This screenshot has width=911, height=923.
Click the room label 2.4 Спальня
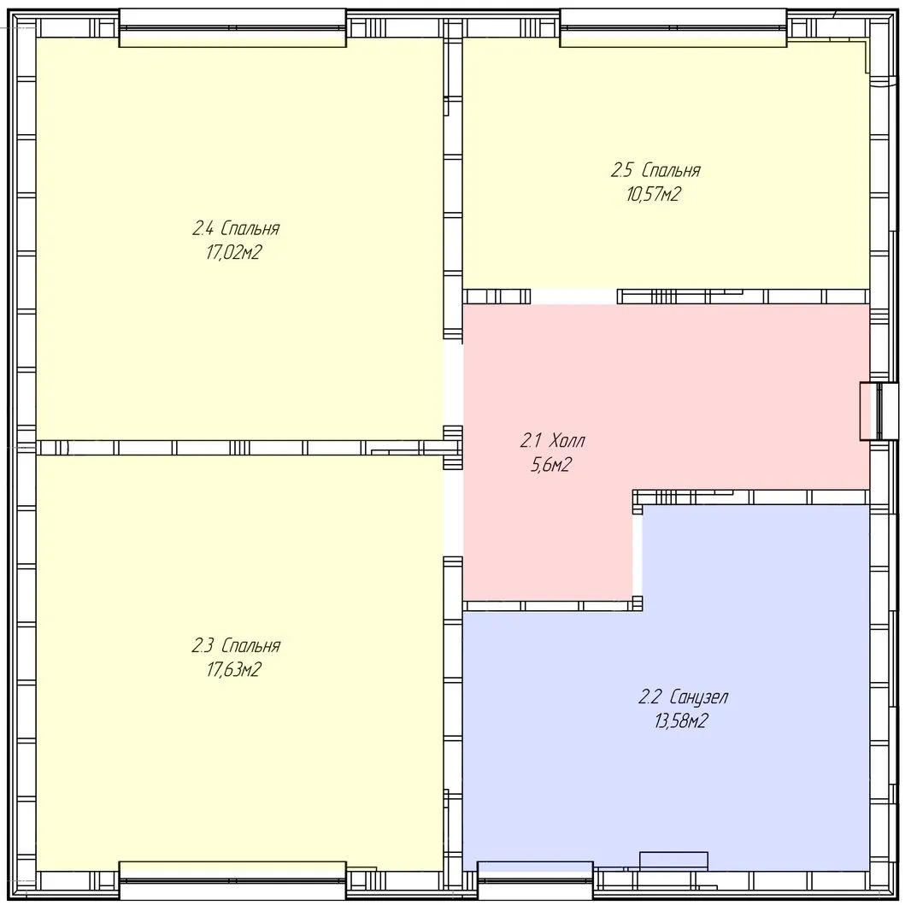pos(235,228)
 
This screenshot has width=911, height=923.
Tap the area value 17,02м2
pos(233,252)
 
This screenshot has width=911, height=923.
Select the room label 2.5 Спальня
pos(655,170)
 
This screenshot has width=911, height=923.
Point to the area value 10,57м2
pos(653,194)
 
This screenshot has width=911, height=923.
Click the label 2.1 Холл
pos(552,440)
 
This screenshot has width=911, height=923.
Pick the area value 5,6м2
pos(551,465)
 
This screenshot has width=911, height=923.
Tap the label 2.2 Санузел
pos(683,697)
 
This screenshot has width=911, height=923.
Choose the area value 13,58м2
pos(680,721)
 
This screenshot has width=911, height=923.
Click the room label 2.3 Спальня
pos(235,646)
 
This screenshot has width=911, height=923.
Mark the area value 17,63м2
pos(233,670)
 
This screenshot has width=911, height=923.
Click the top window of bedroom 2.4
pos(232,27)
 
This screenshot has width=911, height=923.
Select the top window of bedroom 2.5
pos(673,27)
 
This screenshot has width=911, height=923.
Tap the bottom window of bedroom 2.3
pos(232,880)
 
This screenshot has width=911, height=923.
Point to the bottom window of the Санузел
pos(535,880)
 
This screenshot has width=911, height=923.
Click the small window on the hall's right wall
pos(879,411)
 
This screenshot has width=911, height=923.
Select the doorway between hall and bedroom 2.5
pos(573,296)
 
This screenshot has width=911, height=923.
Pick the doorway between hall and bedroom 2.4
pos(453,383)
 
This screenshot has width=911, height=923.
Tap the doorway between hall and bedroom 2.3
pos(453,514)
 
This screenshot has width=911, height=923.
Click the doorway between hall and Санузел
pos(638,556)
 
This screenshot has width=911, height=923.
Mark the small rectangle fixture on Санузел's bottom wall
pos(673,860)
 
